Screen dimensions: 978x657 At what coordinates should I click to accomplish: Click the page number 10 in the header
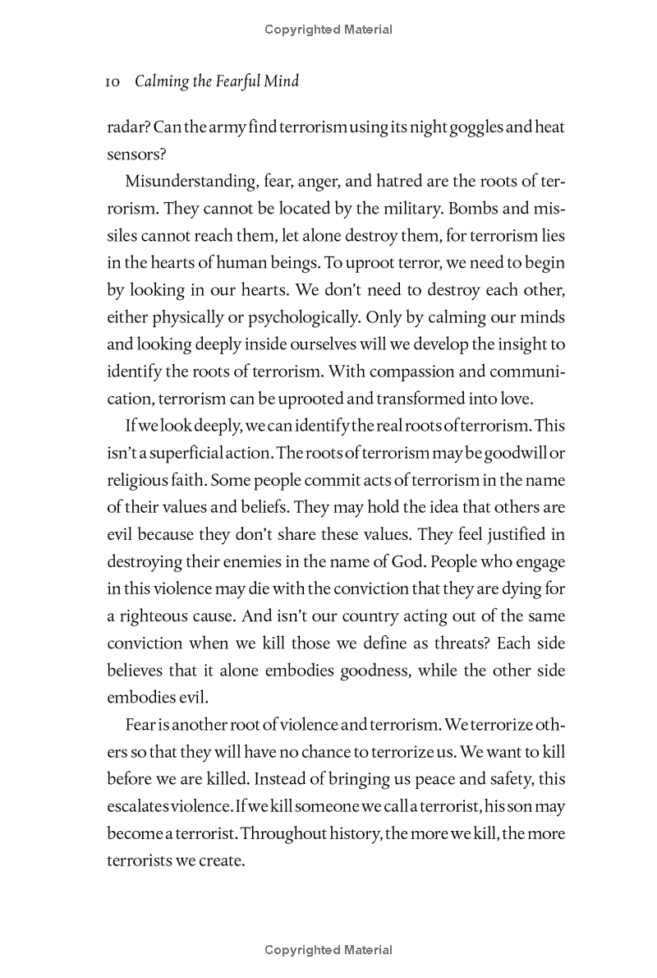[114, 81]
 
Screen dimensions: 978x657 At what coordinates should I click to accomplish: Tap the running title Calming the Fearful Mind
[217, 81]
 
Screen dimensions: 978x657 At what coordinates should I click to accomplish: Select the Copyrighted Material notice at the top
[328, 30]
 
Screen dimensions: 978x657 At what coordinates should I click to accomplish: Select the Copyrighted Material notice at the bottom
[328, 950]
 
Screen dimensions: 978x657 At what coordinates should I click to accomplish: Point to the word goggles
[463, 127]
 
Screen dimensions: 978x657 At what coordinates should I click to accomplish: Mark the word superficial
[186, 453]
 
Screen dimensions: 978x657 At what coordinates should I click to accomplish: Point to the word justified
[511, 534]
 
